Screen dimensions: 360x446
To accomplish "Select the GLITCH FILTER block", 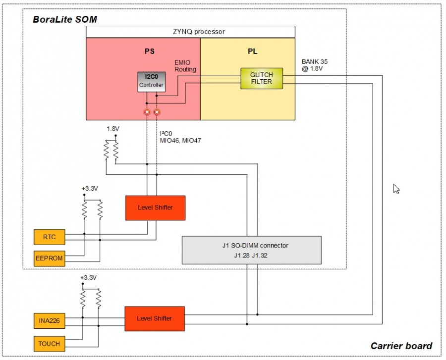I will point(261,78).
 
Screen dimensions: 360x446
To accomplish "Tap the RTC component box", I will point(49,237).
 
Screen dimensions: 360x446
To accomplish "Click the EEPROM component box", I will point(49,258).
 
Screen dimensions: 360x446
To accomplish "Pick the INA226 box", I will point(49,321).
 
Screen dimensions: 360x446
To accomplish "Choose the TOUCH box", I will point(49,343).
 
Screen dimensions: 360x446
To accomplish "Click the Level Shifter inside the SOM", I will point(155,207).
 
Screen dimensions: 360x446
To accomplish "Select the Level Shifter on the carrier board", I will point(155,318).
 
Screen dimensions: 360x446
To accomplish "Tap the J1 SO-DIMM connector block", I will point(252,250).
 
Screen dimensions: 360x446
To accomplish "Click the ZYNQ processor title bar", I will point(191,32).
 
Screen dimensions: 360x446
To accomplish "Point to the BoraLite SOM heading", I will point(64,20).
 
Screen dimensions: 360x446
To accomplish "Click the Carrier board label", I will point(401,346).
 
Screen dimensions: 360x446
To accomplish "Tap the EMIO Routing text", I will point(185,66).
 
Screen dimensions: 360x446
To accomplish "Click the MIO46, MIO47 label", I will point(180,141).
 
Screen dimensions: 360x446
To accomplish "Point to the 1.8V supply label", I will point(113,129).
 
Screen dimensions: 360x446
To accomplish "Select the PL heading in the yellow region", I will point(252,51).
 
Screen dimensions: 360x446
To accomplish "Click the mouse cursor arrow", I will point(396,189).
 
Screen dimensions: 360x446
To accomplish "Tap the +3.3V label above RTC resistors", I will point(89,189).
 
